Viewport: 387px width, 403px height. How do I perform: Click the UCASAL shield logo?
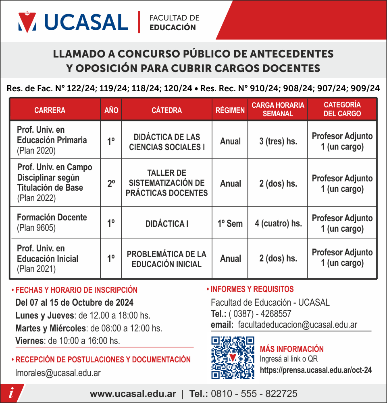[27, 22]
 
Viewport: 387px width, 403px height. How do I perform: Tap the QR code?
[233, 358]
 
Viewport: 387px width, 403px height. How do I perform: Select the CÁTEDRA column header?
[166, 110]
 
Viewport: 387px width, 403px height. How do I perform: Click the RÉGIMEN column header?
[230, 110]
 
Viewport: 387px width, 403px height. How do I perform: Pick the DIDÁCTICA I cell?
[166, 224]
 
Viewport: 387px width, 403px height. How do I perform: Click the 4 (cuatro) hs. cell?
[278, 223]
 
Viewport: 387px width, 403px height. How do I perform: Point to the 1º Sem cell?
[230, 223]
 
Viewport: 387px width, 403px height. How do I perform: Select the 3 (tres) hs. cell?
[278, 141]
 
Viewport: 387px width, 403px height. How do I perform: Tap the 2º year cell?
[111, 183]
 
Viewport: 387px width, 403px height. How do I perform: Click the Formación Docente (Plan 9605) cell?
[52, 222]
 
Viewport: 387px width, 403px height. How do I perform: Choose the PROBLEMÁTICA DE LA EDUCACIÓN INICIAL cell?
[166, 259]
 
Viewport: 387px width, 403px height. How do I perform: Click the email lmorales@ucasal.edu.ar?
[58, 373]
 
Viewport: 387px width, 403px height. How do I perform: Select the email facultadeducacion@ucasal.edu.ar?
[298, 325]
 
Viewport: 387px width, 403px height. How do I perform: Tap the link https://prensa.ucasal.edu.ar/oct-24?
[316, 370]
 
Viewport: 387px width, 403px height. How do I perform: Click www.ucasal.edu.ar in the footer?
[133, 394]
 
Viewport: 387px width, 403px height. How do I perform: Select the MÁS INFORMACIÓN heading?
[291, 349]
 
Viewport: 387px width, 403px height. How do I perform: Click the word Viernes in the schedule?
[29, 341]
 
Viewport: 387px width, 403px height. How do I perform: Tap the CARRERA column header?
[50, 110]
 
